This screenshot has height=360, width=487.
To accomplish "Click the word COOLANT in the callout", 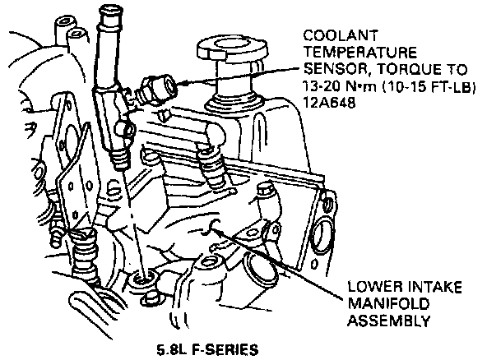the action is (x=341, y=36).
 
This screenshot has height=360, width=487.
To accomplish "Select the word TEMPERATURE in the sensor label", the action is (x=360, y=53).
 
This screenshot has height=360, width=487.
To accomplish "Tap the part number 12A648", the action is (x=329, y=103).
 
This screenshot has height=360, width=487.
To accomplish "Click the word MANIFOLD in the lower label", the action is (x=388, y=303).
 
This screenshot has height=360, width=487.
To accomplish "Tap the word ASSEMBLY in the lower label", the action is (x=389, y=321).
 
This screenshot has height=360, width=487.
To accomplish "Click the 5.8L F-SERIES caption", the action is (x=208, y=349).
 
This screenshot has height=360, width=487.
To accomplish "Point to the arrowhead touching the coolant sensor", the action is (x=183, y=83).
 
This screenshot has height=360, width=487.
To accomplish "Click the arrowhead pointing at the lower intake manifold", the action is (x=215, y=228).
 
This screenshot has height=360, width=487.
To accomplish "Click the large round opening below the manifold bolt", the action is (x=254, y=262).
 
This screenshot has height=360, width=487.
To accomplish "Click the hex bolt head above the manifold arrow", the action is (x=264, y=190).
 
